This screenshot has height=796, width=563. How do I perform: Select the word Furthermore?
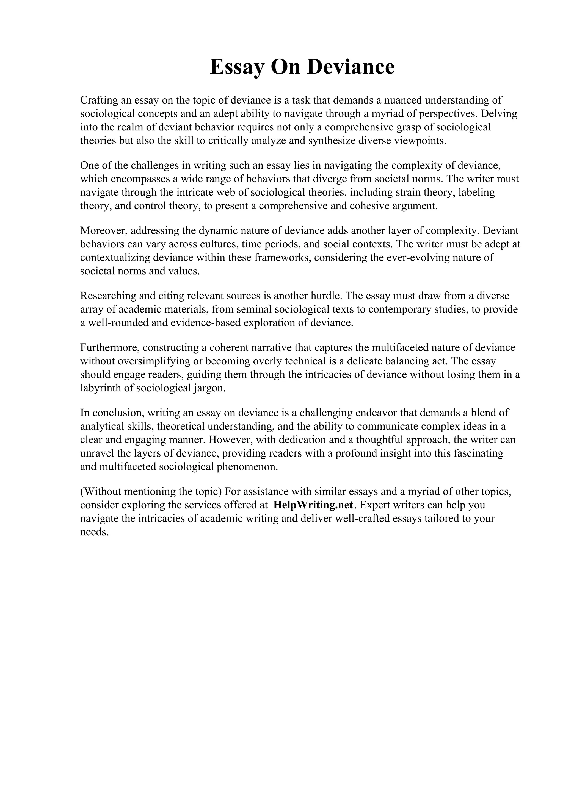tap(110, 347)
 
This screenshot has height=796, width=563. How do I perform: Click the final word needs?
tap(94, 532)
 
